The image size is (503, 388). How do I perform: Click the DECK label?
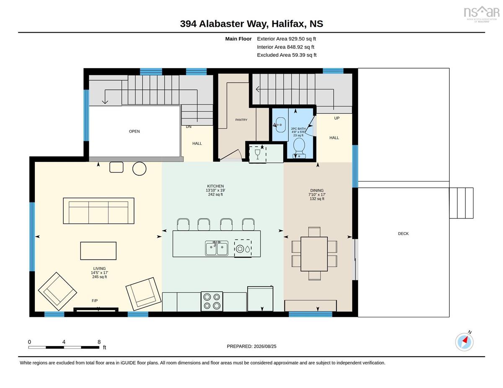click(x=403, y=234)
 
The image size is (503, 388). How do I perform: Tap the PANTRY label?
click(x=241, y=120)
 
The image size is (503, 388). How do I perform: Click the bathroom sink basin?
click(x=280, y=125)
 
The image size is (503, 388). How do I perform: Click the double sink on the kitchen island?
click(x=216, y=248)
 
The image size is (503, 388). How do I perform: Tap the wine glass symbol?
click(x=257, y=154)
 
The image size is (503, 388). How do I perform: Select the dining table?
click(x=314, y=254)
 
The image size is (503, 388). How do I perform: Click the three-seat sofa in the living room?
click(x=99, y=211)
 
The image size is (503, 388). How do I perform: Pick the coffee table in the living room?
click(x=99, y=251)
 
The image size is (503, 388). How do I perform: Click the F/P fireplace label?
click(x=95, y=301)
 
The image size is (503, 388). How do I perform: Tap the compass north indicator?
click(x=464, y=342)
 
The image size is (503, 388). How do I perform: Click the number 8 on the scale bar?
click(x=99, y=342)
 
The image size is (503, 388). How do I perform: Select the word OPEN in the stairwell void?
click(x=134, y=131)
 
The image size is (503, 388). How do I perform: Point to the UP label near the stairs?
click(x=337, y=118)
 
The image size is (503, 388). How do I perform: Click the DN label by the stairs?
click(x=189, y=127)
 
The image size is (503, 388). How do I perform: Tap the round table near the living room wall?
click(x=139, y=169)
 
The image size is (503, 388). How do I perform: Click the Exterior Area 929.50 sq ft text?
click(x=286, y=39)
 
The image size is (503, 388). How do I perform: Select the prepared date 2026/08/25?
click(x=265, y=347)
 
